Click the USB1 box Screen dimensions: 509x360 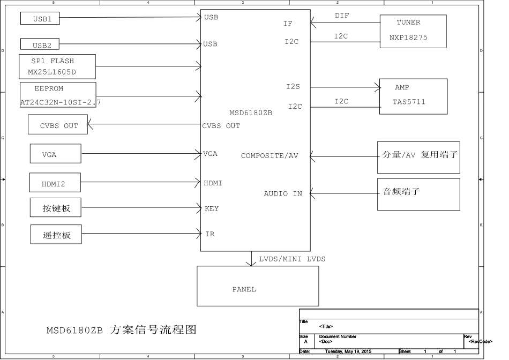tap(40, 18)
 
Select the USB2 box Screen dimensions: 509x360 tap(40, 44)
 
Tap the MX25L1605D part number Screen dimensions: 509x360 tap(52, 72)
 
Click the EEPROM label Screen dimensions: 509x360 tap(49, 88)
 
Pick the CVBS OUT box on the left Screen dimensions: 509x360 tap(58, 124)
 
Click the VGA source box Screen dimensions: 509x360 tap(56, 154)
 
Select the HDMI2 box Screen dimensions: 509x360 tap(55, 183)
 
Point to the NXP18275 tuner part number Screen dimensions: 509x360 tap(408, 37)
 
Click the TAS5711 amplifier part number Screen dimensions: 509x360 tap(409, 102)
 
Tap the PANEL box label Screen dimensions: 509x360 tap(244, 289)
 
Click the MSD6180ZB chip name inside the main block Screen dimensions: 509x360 tap(251, 112)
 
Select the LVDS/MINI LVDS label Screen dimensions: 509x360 tap(292, 259)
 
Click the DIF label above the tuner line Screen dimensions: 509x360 tap(342, 16)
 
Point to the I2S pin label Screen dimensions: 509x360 tap(293, 86)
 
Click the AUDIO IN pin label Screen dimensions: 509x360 tap(283, 194)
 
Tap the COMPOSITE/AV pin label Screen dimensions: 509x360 tap(270, 156)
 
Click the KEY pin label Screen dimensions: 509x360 tap(212, 209)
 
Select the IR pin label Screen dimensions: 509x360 tap(210, 234)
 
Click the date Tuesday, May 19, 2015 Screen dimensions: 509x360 tap(348, 351)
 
